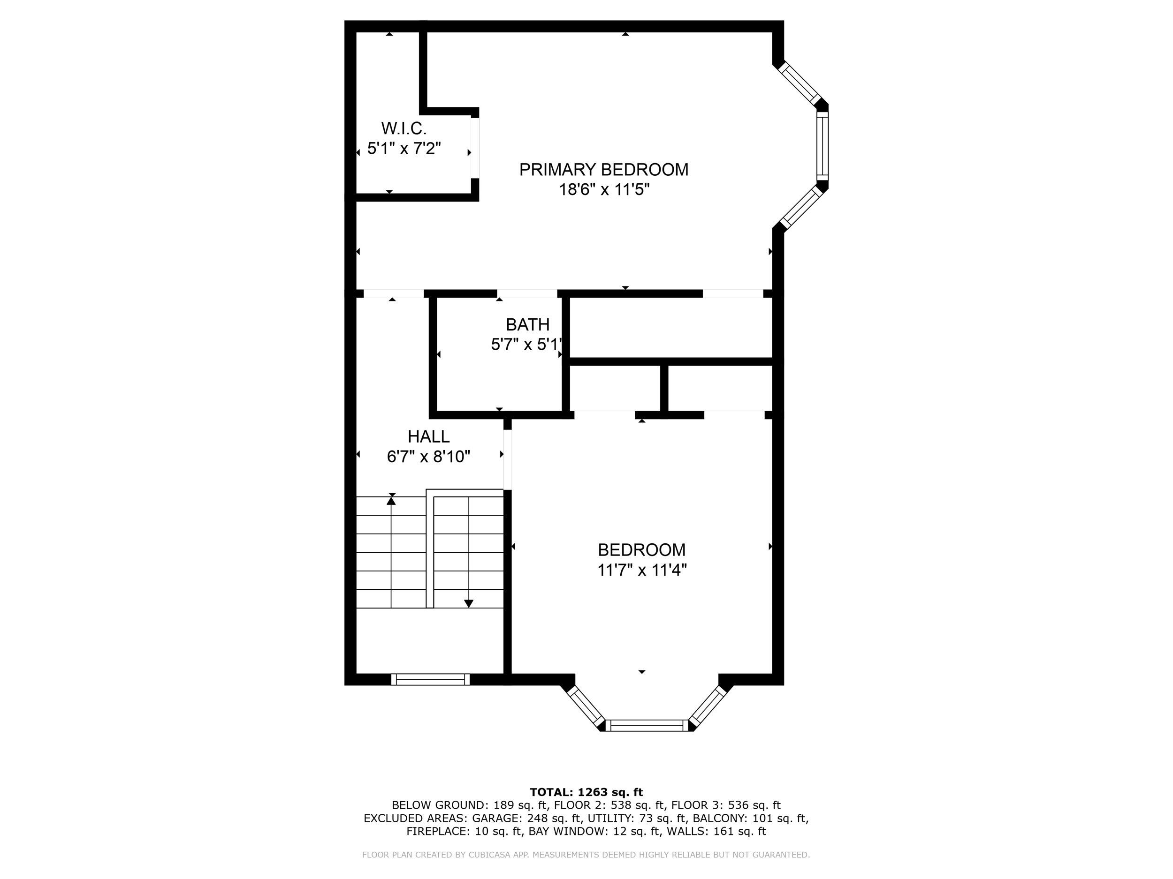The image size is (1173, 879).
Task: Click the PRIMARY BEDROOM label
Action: click(x=603, y=170)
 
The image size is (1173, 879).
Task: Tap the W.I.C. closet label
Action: click(x=404, y=128)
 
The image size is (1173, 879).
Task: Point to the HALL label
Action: click(x=428, y=436)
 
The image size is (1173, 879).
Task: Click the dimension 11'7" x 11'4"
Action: click(x=642, y=570)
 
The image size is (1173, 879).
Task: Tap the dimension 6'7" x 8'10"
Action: click(x=428, y=457)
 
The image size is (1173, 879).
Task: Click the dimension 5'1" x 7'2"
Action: click(x=404, y=148)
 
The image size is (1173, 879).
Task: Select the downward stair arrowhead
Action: click(x=468, y=603)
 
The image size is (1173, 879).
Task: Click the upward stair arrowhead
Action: click(x=391, y=500)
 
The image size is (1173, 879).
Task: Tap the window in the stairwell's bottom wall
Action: click(x=430, y=679)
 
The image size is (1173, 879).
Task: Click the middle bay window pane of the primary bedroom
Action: click(x=822, y=146)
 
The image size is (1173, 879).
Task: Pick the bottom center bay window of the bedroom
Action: click(x=647, y=725)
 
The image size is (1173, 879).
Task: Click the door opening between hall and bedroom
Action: click(x=507, y=459)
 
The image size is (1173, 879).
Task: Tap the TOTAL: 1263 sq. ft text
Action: click(x=586, y=792)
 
